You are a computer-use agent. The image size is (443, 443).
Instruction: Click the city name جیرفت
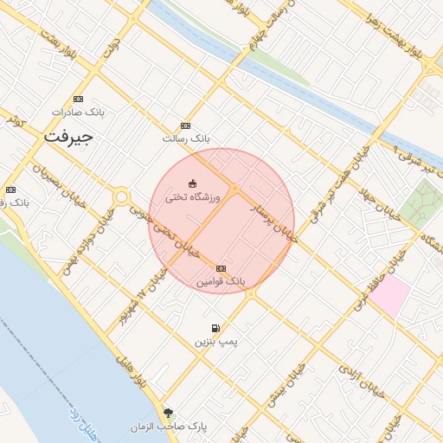click(67, 137)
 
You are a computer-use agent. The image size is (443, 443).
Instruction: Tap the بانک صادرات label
click(78, 112)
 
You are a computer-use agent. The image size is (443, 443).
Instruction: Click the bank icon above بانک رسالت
click(185, 125)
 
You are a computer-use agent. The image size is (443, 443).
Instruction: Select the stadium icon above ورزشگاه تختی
click(192, 183)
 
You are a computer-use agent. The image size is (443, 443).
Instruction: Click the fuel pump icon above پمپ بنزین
click(215, 329)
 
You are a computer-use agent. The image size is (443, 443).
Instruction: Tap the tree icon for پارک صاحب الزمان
click(168, 413)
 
